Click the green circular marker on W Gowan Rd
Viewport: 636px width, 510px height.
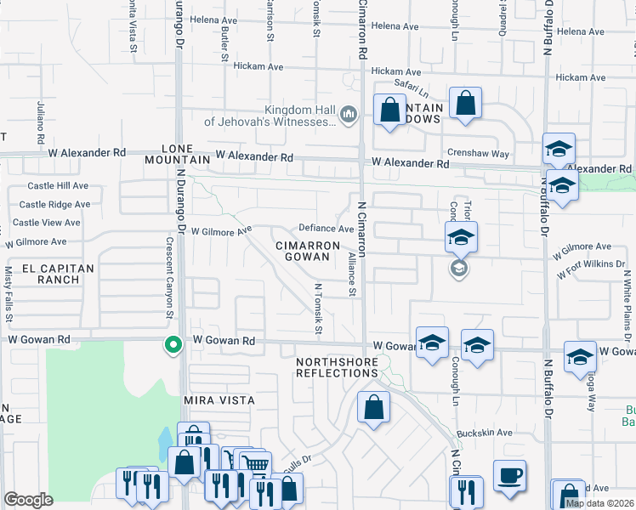coord(173,345)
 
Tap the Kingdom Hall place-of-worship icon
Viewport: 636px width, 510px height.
coord(348,115)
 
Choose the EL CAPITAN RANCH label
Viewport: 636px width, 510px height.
coord(39,273)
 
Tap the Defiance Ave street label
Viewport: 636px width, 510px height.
coord(326,229)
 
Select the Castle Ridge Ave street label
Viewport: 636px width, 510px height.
coord(54,205)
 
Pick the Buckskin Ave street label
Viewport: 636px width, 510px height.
coord(484,433)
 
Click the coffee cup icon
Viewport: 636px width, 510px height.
coord(509,475)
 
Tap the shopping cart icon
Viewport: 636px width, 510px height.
coord(253,463)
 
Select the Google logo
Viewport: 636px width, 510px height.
coord(28,500)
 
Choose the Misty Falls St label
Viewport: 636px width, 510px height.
coord(9,293)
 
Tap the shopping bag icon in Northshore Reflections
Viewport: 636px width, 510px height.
coord(373,407)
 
